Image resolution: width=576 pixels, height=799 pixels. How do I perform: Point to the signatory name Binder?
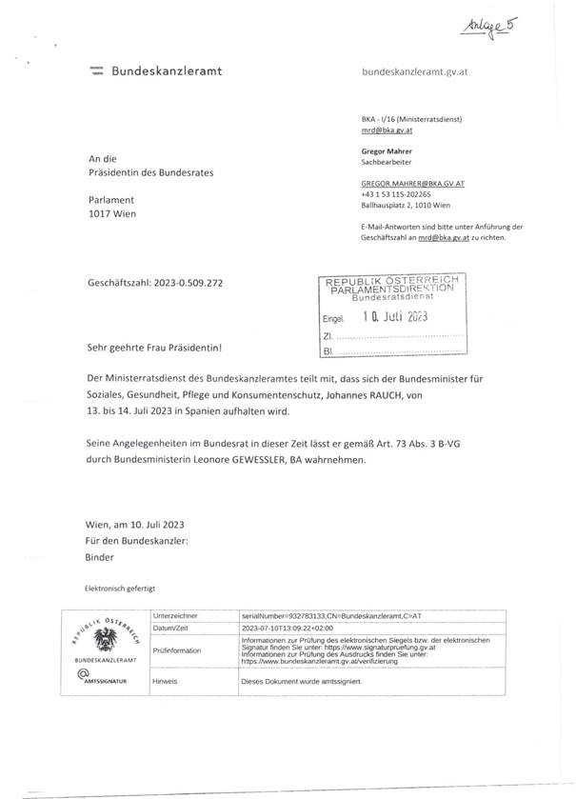click(99, 557)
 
